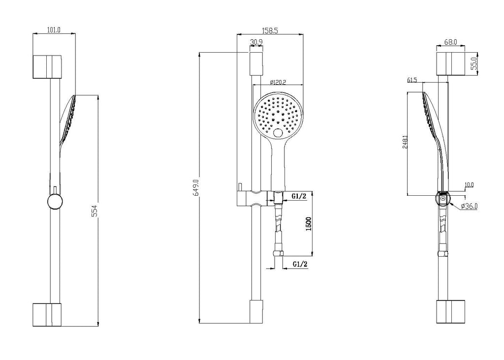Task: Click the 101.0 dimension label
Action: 54,30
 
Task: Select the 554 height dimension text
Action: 94,210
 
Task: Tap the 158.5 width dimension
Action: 270,30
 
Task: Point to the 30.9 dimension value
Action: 256,42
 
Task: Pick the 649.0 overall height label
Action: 196,187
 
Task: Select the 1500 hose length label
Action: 309,223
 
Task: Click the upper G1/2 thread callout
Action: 299,196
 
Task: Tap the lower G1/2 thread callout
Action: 300,264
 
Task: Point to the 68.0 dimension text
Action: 451,42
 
